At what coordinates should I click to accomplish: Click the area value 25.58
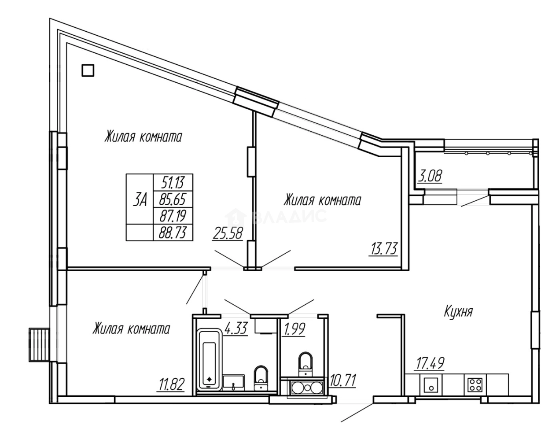tap(228, 233)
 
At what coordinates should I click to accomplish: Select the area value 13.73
tap(383, 249)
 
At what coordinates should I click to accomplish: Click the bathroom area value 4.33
tap(236, 329)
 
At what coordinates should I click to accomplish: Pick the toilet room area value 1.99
tap(294, 329)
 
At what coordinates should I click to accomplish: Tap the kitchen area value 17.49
tap(430, 364)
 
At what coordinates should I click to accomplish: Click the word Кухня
tap(458, 312)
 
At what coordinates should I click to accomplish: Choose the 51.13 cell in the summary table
tap(173, 181)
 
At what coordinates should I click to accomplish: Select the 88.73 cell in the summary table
tap(173, 232)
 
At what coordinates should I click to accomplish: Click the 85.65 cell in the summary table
tap(173, 199)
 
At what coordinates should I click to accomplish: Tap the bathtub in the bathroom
tap(210, 359)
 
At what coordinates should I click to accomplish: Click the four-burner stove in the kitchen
tap(475, 384)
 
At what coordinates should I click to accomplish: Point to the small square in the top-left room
tap(88, 70)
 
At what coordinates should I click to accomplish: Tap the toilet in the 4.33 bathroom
tap(261, 377)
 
